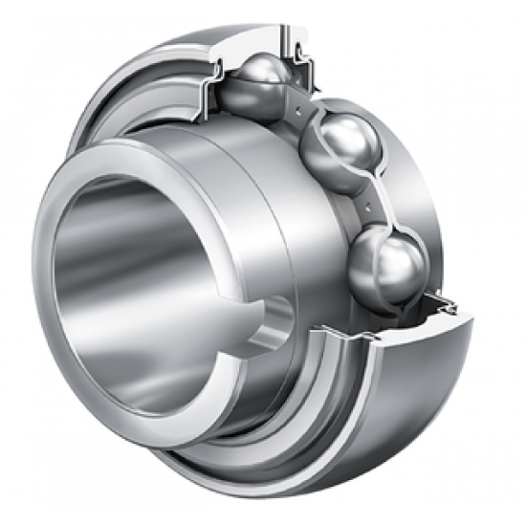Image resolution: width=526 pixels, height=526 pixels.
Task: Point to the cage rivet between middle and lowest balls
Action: [367, 204]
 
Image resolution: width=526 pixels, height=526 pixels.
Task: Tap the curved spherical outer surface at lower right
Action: [421, 383]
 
